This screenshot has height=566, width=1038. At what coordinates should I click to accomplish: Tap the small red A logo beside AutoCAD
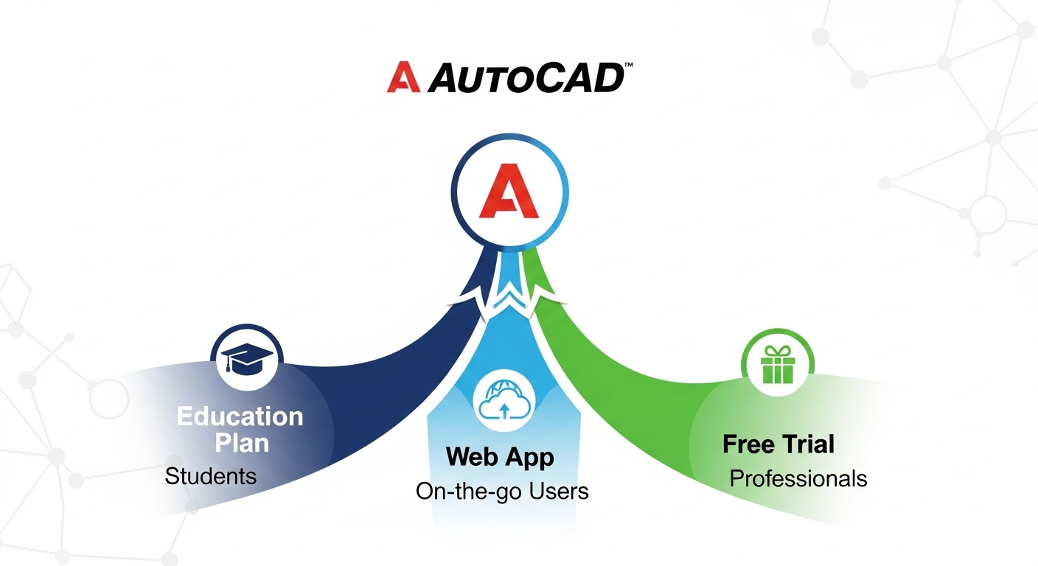(x=403, y=77)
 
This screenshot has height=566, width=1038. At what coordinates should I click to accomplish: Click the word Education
(x=240, y=416)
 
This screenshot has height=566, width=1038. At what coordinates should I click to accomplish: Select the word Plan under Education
(x=242, y=443)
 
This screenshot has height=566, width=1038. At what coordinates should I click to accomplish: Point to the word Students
(x=211, y=476)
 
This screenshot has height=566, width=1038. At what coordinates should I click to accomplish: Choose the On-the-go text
(x=464, y=491)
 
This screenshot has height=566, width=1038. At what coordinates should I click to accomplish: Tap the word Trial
(x=809, y=444)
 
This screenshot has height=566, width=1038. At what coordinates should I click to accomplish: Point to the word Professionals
(x=798, y=478)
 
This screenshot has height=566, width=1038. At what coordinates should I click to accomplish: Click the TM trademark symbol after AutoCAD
(x=628, y=66)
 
